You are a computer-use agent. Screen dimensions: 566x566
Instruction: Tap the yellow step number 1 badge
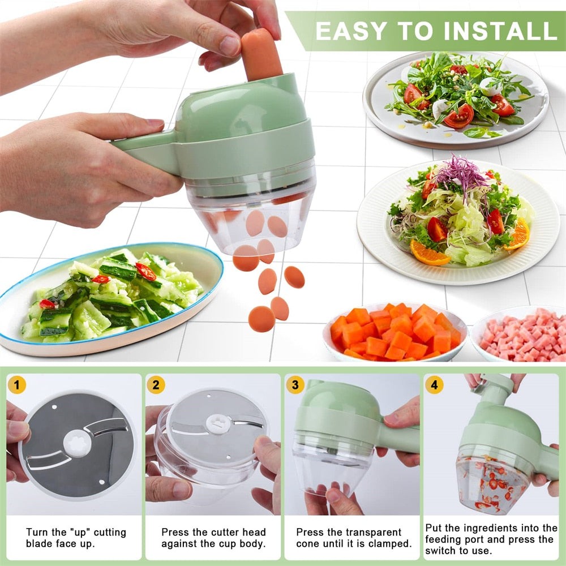[17, 385]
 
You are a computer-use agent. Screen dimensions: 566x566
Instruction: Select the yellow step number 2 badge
[156, 385]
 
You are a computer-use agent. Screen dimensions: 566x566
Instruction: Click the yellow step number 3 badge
[295, 385]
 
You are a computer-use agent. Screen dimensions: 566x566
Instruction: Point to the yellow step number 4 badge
[434, 385]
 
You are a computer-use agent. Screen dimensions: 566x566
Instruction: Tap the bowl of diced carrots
[395, 332]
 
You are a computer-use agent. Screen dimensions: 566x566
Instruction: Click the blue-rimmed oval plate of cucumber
[113, 297]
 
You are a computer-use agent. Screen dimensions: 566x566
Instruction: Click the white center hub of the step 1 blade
[77, 444]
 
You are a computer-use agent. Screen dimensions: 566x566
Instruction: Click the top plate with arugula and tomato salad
[456, 98]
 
